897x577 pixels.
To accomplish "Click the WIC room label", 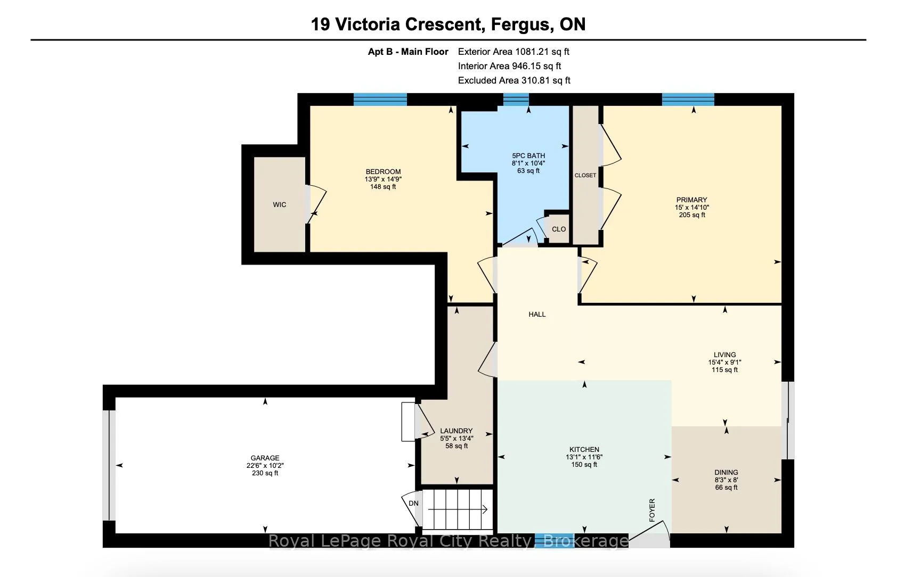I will [x=279, y=204].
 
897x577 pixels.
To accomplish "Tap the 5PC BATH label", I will [x=528, y=156].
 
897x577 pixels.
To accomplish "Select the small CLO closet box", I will [x=558, y=229].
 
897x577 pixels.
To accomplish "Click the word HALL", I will [x=537, y=315].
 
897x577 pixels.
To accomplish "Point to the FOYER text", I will [x=652, y=510].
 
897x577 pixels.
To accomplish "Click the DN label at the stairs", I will [x=413, y=503].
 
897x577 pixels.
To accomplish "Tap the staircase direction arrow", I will [x=458, y=509].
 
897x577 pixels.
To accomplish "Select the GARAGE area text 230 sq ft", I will [x=265, y=473].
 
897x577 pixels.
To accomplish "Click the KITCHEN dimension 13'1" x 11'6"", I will [x=584, y=457].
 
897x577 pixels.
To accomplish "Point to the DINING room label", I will [x=726, y=472].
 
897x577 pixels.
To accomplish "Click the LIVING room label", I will [x=724, y=355].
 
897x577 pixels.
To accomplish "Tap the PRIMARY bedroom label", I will [x=691, y=200].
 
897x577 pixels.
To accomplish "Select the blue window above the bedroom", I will [x=380, y=100].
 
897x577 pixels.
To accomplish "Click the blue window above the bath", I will [x=516, y=100].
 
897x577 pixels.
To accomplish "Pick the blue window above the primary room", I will [x=688, y=100].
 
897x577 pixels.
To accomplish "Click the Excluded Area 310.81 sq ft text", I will [x=514, y=80].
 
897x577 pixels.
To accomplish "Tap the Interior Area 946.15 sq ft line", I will [x=509, y=66].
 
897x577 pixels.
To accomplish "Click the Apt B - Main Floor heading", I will [x=408, y=52].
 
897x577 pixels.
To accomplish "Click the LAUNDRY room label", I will [x=456, y=431].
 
